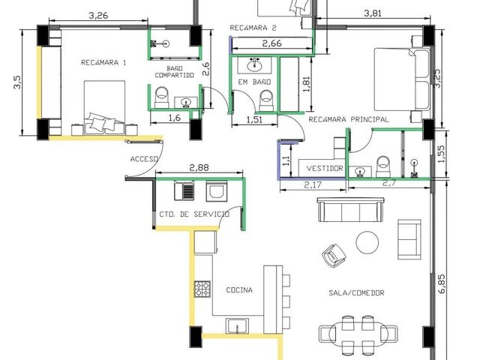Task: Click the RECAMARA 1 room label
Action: pos(103,63)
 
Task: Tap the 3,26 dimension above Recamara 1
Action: pos(98,15)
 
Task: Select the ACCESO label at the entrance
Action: pos(144,159)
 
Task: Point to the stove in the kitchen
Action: pos(202,289)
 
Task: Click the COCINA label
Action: pos(239,290)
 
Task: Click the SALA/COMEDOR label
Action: pos(356,293)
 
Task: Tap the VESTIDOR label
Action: pos(325,168)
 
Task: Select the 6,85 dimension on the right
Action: pos(442,283)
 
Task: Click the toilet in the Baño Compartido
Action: pos(161,95)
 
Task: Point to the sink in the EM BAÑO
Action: pos(254,65)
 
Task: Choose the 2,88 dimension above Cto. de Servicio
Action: pos(199,167)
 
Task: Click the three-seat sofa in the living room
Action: pos(351,209)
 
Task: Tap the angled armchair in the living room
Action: pos(334,255)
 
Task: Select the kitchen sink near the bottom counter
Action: pos(237,325)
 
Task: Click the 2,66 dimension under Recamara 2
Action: pos(271,43)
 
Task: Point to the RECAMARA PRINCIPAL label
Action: pos(349,119)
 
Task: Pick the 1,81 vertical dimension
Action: pos(306,84)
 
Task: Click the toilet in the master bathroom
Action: pos(382,166)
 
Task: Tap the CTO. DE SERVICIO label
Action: pos(194,214)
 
